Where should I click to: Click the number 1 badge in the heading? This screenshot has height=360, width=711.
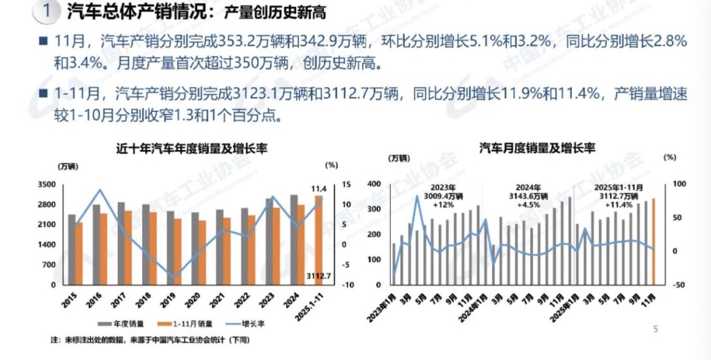pos(47,12)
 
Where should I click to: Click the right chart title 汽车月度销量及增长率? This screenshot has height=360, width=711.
pos(537,149)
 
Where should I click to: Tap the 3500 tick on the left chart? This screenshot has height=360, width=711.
pos(47,185)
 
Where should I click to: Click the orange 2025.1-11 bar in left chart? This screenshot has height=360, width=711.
pos(319,240)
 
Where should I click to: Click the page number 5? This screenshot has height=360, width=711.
pos(656,329)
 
